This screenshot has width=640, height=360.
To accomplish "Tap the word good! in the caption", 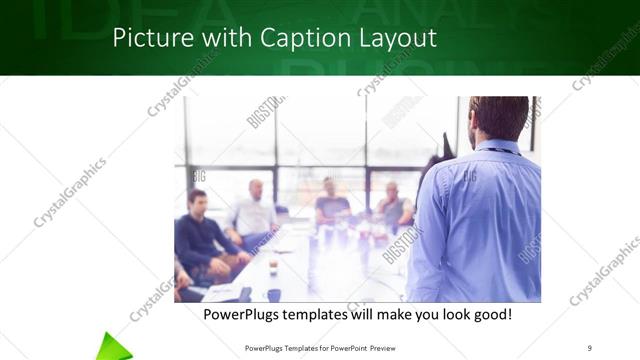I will point(489,314).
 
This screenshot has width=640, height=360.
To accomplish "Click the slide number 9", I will point(590,347).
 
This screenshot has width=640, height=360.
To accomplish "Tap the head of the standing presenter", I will point(499,118).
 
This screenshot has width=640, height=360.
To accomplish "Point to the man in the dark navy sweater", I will point(199,235).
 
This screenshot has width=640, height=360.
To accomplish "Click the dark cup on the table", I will point(273,295).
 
